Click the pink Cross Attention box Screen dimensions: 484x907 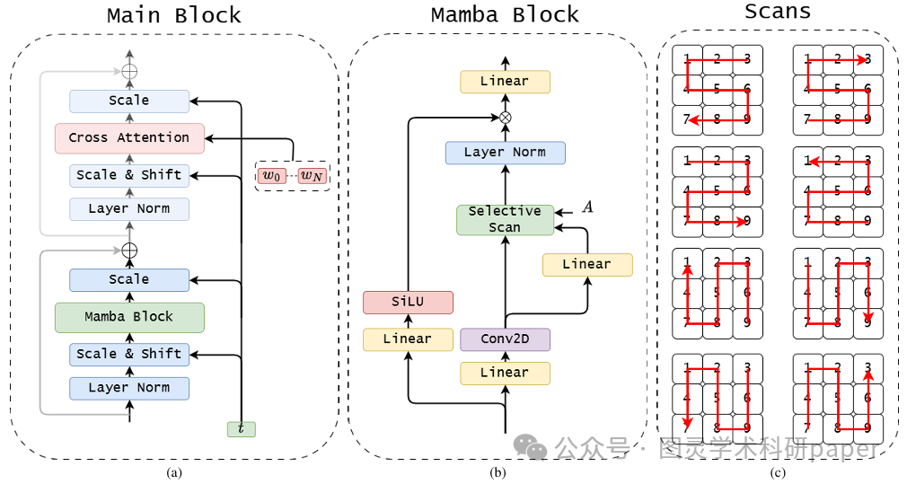click(x=129, y=137)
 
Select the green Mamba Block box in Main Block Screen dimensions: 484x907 click(x=129, y=317)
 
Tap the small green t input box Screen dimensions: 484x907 click(x=241, y=429)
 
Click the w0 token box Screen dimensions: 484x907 click(x=271, y=175)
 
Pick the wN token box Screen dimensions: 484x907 click(x=313, y=175)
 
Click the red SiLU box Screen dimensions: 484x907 click(x=408, y=303)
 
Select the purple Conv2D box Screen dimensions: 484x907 click(x=505, y=339)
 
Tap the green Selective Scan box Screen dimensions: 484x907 click(x=505, y=219)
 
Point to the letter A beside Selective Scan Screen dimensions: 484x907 click(x=587, y=207)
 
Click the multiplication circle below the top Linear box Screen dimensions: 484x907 click(x=505, y=118)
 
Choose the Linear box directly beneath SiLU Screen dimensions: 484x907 click(x=408, y=339)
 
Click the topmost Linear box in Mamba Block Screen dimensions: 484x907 click(x=505, y=82)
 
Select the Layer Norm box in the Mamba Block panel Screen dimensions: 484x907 click(x=505, y=152)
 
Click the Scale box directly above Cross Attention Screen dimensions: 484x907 click(x=129, y=101)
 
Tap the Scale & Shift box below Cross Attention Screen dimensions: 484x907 click(x=129, y=175)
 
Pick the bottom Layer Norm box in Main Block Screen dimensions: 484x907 click(x=129, y=388)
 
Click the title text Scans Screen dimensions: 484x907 click(x=778, y=12)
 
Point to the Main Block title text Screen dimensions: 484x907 click(x=174, y=15)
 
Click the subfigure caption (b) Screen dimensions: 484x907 click(x=497, y=472)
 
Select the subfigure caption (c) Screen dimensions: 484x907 click(x=778, y=472)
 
